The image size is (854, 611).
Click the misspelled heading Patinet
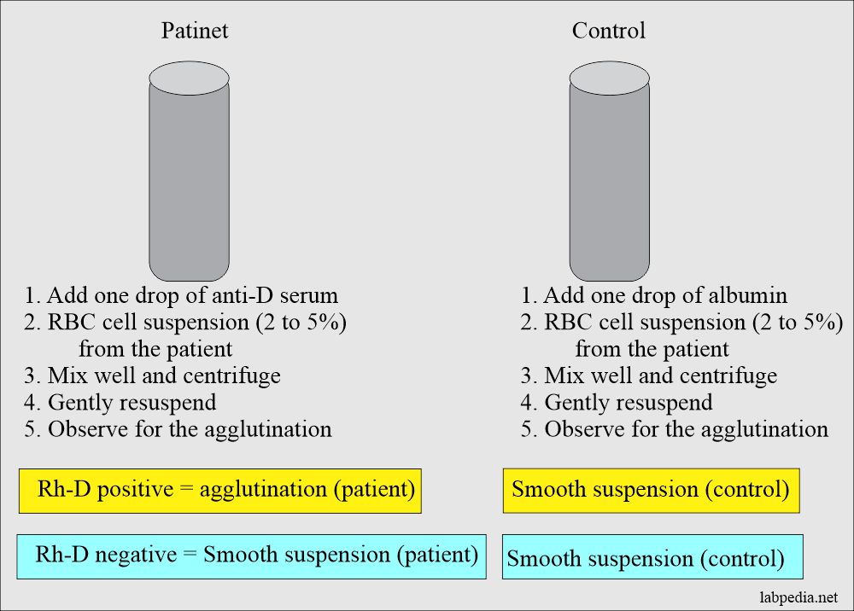coord(195,32)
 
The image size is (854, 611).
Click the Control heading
coord(609,32)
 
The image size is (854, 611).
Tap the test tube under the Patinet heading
coord(189,179)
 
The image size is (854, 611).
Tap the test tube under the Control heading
coord(609,179)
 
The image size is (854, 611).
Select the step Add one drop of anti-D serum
coord(181,296)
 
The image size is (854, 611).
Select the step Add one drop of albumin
coord(654,296)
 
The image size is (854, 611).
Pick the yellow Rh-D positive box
coord(219,490)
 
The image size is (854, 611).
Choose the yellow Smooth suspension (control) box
coord(651,490)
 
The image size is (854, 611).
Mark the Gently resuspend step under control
coord(617,402)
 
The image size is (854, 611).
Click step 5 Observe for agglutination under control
coord(675,428)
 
